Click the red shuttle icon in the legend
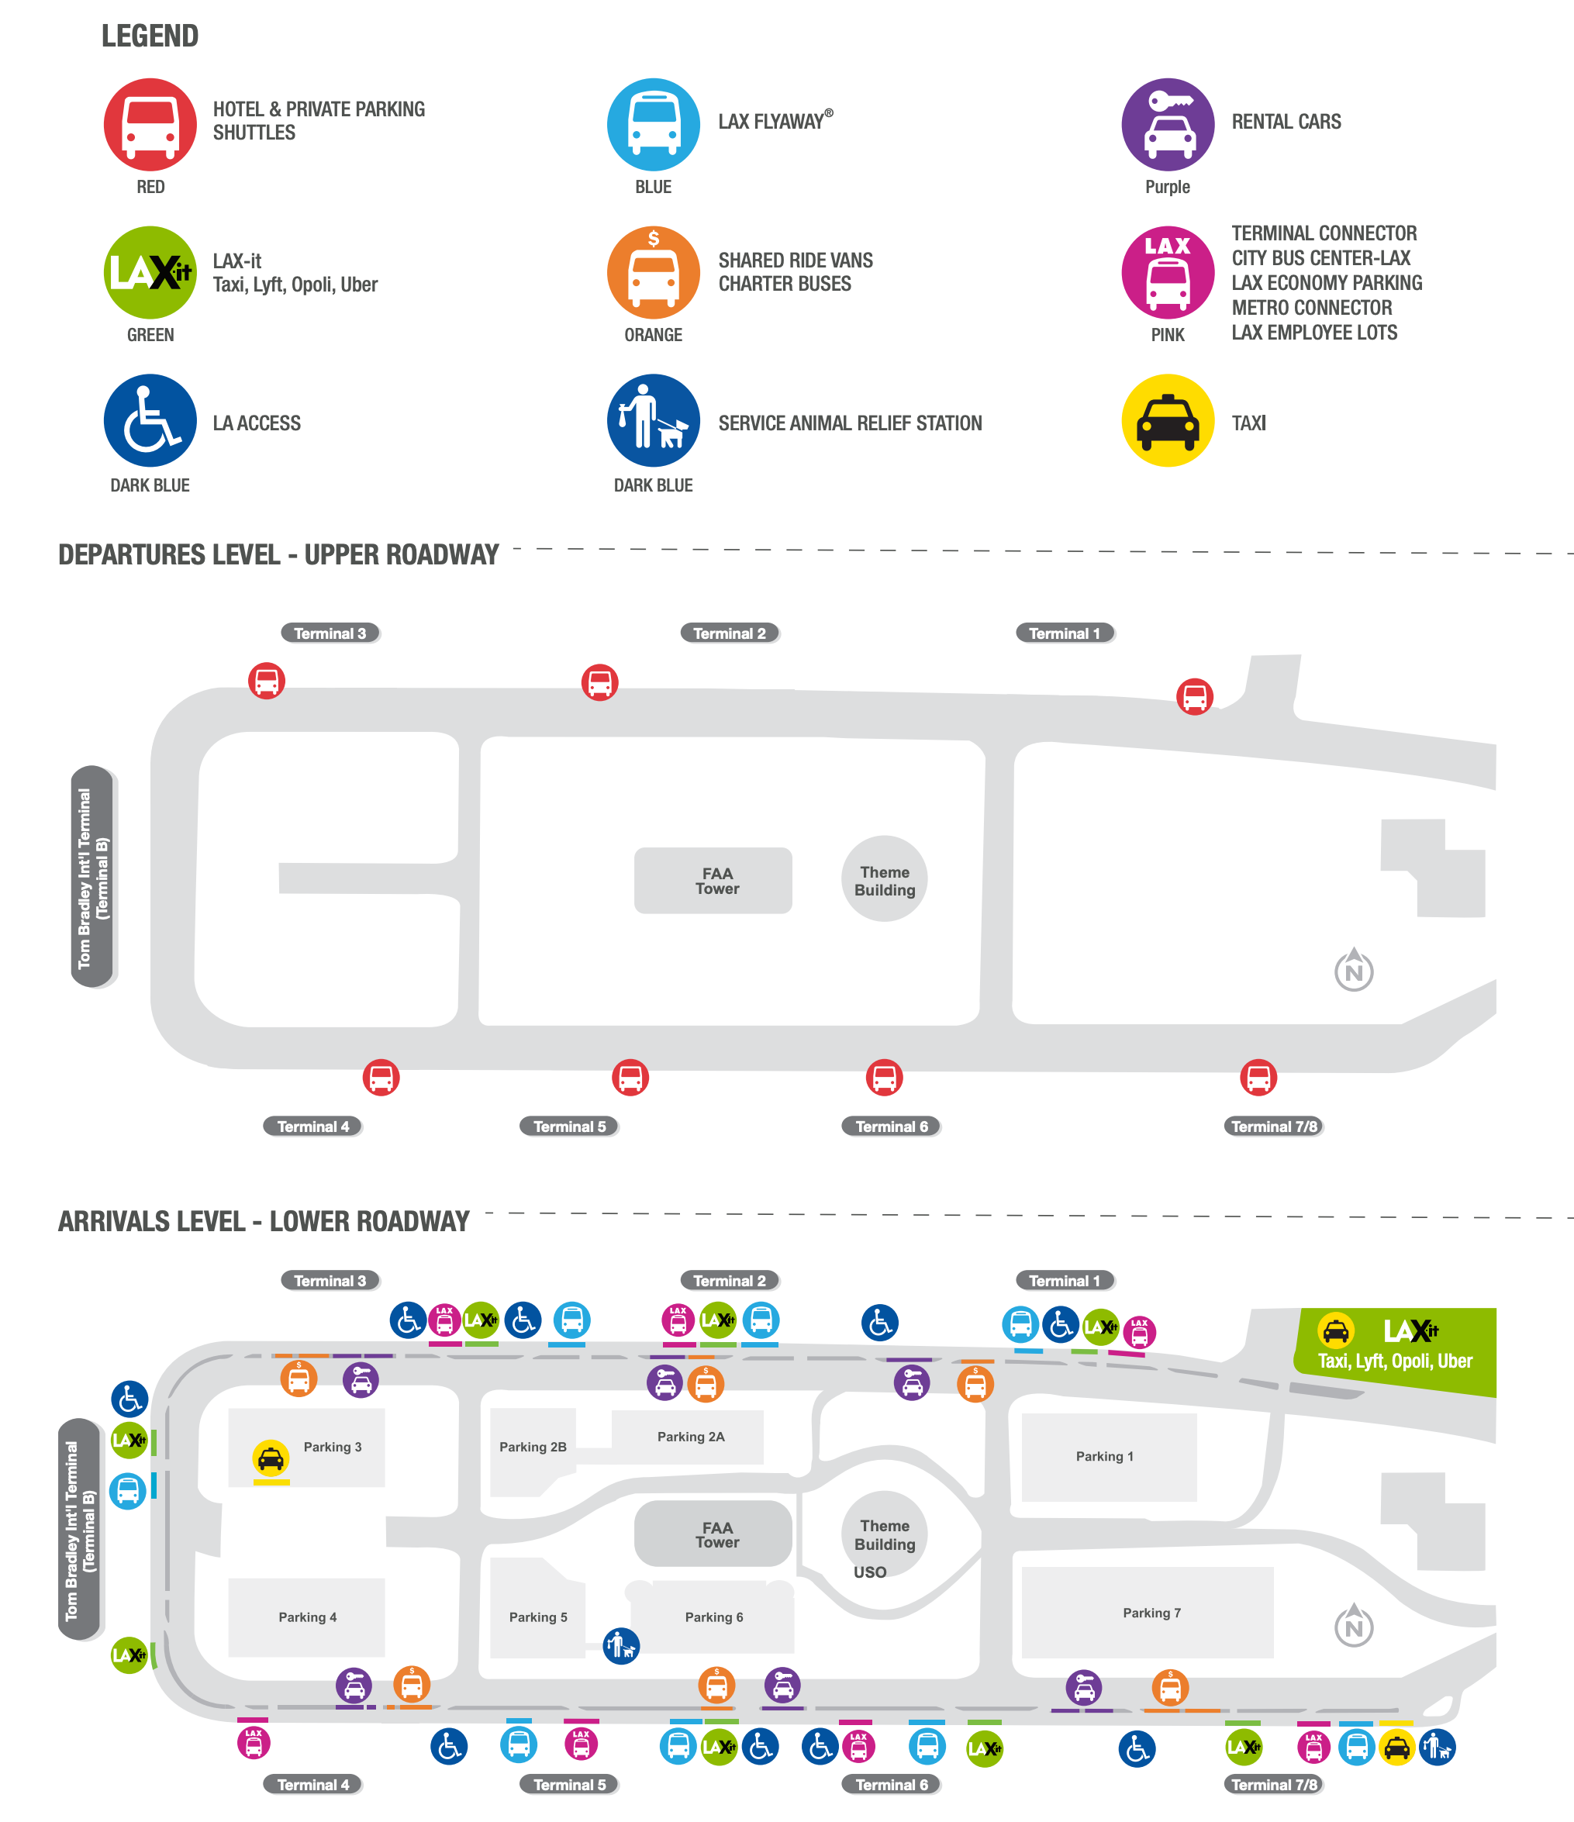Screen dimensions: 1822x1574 click(150, 124)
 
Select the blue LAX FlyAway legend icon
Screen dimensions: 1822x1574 click(654, 124)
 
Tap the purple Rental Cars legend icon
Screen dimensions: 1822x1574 click(1167, 124)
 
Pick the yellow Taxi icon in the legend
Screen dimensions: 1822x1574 click(1167, 420)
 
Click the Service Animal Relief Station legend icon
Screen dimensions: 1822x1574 click(654, 420)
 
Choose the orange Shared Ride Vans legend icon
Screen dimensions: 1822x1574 click(654, 273)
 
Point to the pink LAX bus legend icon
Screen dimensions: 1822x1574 click(1167, 273)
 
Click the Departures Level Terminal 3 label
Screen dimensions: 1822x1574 click(330, 633)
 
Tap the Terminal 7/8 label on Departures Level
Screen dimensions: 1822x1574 click(1273, 1127)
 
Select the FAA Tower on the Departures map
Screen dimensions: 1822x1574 click(713, 880)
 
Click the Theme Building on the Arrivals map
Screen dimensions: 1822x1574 click(885, 1534)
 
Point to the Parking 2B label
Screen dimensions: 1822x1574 click(533, 1447)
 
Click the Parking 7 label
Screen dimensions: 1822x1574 click(1151, 1613)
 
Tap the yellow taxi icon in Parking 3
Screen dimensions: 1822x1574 click(271, 1458)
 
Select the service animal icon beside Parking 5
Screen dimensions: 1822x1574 click(621, 1645)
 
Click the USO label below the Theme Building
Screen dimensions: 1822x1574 click(870, 1572)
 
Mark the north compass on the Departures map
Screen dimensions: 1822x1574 click(1353, 970)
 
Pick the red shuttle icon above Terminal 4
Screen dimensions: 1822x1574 click(381, 1077)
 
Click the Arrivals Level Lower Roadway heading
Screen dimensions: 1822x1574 click(264, 1221)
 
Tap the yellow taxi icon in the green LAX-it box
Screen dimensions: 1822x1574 click(1336, 1330)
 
